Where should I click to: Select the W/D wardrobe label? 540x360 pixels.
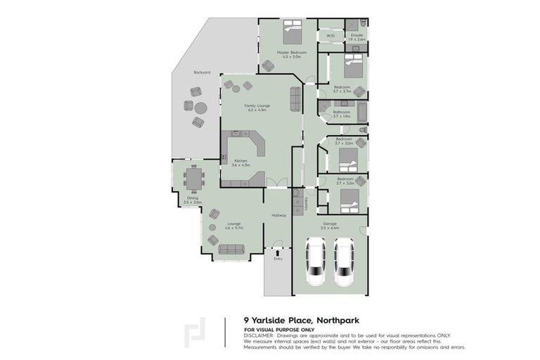tap(330, 35)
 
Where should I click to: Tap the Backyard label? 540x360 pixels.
tap(203, 72)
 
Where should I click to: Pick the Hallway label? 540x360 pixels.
tap(278, 215)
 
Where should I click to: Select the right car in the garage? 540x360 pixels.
tap(345, 261)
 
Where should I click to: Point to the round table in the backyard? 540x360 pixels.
tap(201, 108)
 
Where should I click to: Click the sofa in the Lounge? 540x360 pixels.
tap(231, 249)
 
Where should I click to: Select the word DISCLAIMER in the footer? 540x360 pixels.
tap(259, 335)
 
